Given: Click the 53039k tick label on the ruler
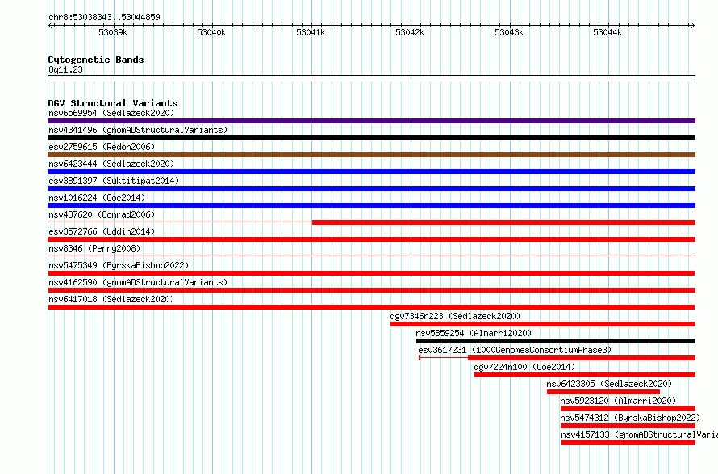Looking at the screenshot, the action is (x=113, y=32).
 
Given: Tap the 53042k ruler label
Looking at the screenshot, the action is (x=410, y=32).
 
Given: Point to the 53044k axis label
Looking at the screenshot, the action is (x=607, y=32).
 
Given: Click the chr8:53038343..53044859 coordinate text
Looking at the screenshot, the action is (x=104, y=17).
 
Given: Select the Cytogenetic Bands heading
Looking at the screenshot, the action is (x=96, y=60).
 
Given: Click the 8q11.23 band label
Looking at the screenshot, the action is (x=65, y=69).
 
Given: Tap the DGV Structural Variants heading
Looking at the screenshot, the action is (x=113, y=103).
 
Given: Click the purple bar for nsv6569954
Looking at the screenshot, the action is (x=371, y=121).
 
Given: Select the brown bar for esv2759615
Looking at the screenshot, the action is (x=371, y=155).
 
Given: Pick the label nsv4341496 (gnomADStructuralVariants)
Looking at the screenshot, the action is (x=138, y=130).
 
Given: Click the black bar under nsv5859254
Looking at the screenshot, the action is (x=556, y=341).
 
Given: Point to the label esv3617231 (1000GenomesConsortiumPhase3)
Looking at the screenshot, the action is (x=515, y=350).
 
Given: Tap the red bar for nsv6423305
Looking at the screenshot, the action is (x=603, y=392).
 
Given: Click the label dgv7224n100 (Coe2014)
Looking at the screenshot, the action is (x=524, y=367).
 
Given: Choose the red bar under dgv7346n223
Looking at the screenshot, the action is (x=543, y=324).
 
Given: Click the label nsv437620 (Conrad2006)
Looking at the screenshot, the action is (x=102, y=214).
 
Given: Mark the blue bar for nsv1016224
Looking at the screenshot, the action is (x=371, y=206).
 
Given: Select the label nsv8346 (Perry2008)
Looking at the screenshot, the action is (x=94, y=248).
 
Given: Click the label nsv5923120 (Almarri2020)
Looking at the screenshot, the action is (x=618, y=401).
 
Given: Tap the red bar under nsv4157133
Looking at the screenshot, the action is (x=628, y=443).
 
